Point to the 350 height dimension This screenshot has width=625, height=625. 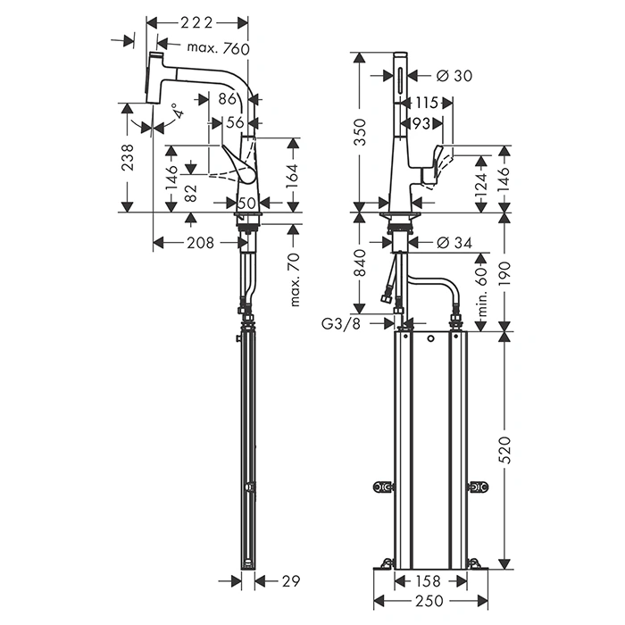[359, 132]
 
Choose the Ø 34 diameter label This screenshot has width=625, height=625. [456, 242]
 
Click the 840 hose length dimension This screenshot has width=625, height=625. [359, 264]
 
